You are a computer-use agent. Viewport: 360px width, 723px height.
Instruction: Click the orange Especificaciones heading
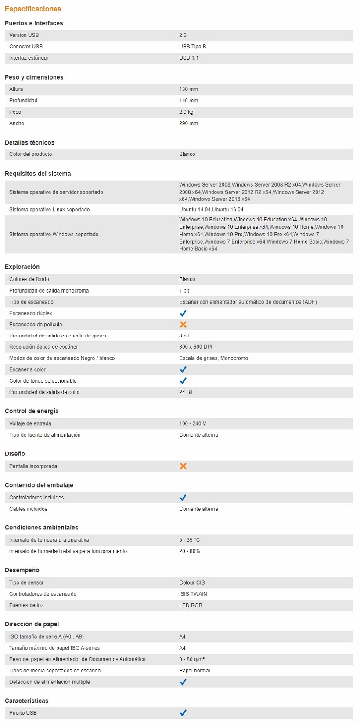[x=33, y=9]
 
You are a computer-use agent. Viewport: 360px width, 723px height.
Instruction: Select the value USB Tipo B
[x=192, y=47]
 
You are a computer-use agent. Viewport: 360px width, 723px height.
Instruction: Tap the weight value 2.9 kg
[x=186, y=112]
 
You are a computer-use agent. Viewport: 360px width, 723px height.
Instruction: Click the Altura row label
[x=16, y=89]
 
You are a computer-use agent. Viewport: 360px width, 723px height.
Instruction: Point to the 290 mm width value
[x=188, y=123]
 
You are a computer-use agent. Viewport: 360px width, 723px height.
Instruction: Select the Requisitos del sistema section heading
[x=38, y=174]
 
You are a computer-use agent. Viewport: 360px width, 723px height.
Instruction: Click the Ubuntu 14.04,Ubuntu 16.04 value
[x=211, y=210]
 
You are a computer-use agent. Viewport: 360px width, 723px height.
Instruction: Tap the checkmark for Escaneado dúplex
[x=183, y=313]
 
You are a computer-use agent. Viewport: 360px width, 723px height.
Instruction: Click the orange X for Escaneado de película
[x=183, y=325]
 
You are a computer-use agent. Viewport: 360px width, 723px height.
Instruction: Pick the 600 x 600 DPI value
[x=195, y=347]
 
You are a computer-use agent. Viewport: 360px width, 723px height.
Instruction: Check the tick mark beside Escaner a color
[x=183, y=369]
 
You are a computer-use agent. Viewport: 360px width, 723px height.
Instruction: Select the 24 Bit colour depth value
[x=186, y=392]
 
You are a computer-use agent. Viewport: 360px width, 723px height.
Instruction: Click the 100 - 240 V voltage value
[x=192, y=423]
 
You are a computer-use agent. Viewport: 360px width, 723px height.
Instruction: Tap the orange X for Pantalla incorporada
[x=183, y=466]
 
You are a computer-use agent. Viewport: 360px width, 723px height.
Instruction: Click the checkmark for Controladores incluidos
[x=183, y=498]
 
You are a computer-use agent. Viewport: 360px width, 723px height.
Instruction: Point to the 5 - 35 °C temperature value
[x=189, y=540]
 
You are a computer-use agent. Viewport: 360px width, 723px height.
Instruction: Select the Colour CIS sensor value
[x=192, y=582]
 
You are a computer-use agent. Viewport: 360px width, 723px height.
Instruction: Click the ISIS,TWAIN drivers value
[x=193, y=594]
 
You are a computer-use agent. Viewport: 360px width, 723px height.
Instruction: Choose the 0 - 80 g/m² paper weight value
[x=192, y=659]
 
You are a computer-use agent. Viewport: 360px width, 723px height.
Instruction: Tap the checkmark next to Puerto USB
[x=183, y=713]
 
